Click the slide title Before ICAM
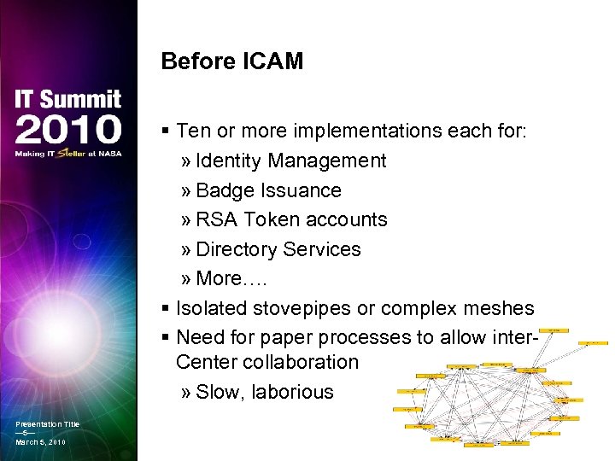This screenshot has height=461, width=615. point(231,61)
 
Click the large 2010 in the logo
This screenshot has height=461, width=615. point(68,129)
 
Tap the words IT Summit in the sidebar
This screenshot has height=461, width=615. point(68,100)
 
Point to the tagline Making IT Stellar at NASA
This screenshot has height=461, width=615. point(68,155)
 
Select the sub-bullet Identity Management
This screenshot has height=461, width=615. point(290,160)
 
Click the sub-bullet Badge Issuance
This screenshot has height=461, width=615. point(268,190)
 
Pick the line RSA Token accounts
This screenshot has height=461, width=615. point(291,219)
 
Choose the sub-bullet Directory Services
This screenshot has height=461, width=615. point(278,249)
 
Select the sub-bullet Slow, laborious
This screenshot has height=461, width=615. point(264,392)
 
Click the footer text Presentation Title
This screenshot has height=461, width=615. point(47,424)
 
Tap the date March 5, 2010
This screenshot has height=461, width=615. point(40,442)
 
